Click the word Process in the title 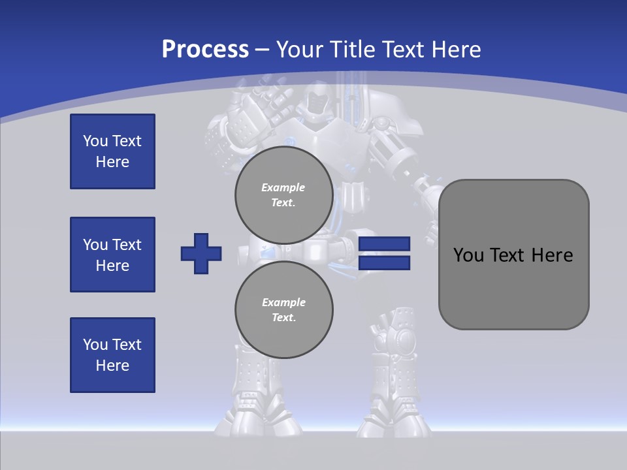[205, 50]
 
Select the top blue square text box [112, 151]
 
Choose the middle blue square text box [112, 255]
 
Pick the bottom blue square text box [112, 355]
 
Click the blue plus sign [201, 253]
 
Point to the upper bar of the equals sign [384, 243]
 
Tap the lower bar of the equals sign [384, 263]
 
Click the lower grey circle [284, 310]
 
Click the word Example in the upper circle [283, 187]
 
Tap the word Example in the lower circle [283, 302]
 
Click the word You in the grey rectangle [468, 255]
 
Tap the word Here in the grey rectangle [552, 255]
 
